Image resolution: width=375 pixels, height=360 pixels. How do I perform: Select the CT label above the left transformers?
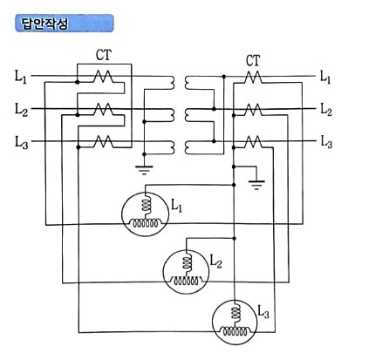[104, 54]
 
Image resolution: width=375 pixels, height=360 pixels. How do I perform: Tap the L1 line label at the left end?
[21, 78]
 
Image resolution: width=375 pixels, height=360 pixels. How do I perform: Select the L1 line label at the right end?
[325, 78]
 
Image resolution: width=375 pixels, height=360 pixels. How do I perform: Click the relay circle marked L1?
[147, 212]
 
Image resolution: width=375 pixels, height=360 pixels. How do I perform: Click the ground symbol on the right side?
[256, 184]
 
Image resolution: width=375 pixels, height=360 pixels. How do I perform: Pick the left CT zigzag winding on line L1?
[104, 78]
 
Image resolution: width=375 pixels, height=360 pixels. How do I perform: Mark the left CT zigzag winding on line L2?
[104, 110]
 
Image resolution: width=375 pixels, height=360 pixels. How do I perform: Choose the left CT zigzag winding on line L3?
[104, 140]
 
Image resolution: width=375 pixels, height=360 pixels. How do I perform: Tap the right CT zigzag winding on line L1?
[253, 78]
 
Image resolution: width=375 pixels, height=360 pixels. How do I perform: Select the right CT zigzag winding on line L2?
[253, 109]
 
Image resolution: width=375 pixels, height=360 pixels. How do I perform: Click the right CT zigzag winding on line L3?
[253, 140]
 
